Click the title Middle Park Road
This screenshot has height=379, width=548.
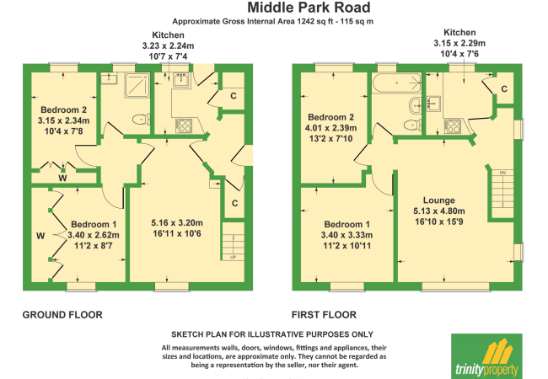309,8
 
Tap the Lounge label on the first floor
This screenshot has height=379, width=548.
439,200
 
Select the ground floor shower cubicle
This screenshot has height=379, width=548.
137,85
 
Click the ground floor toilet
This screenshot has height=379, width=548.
142,120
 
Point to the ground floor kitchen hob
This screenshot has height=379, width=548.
184,126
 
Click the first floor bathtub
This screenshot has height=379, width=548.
397,83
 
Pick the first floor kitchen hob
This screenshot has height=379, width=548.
452,126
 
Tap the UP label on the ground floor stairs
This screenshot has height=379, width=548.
233,257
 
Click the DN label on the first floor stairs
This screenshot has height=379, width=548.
502,173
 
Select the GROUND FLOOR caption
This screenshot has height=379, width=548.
62,315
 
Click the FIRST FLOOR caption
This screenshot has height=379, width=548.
324,315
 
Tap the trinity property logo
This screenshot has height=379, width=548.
486,356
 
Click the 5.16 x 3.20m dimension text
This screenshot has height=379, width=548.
177,222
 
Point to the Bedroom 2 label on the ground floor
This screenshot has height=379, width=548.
63,109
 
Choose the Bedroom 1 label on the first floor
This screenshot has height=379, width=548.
347,224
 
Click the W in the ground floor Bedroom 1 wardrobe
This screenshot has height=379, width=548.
40,236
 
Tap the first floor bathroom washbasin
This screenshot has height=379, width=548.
416,104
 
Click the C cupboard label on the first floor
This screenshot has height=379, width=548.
504,89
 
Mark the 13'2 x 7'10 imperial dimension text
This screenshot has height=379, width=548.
330,139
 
